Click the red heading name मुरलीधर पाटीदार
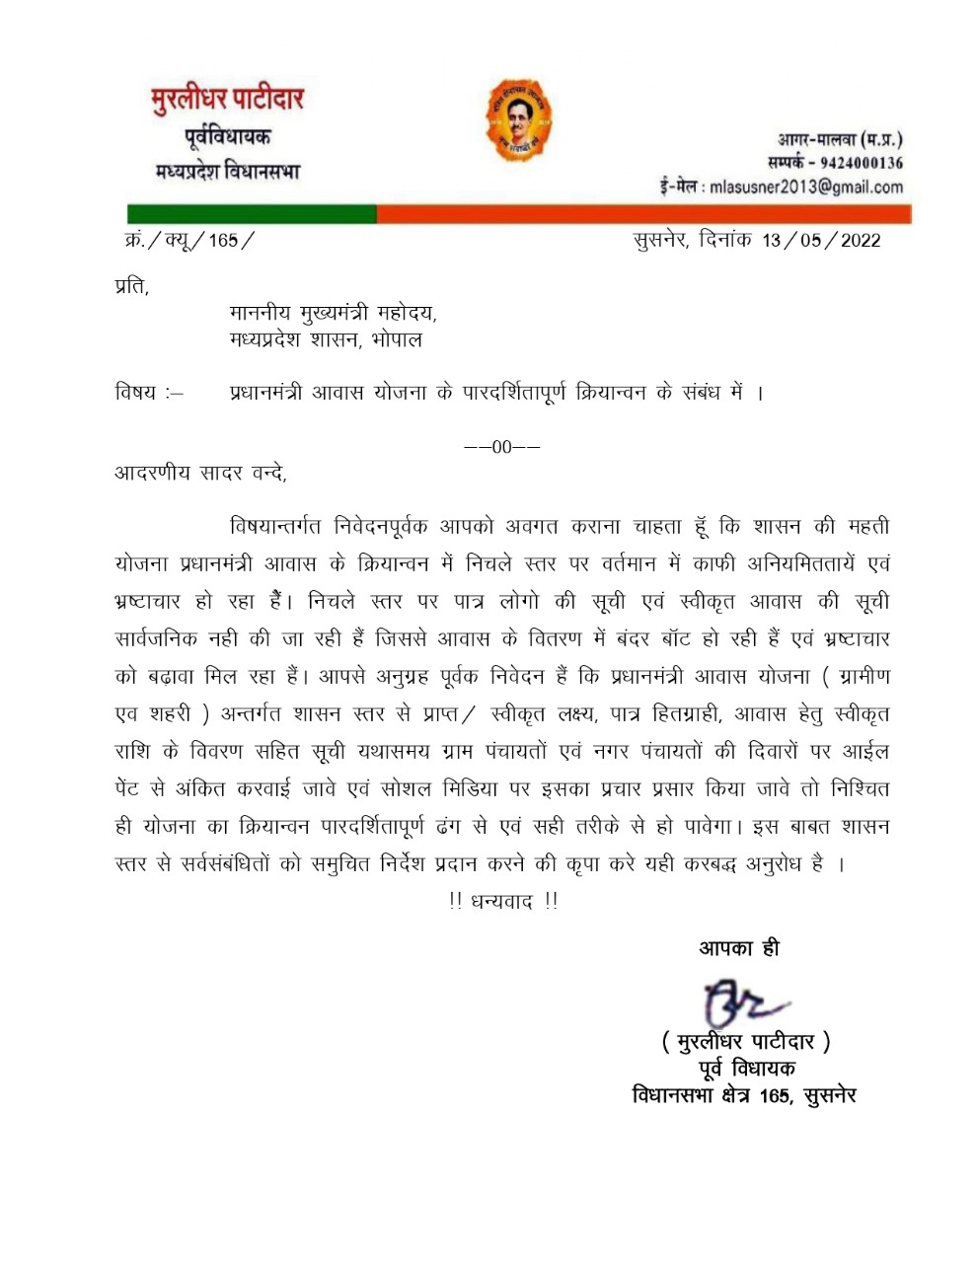tap(228, 100)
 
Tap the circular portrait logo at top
tap(519, 122)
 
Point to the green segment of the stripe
tap(252, 214)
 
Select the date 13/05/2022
tap(821, 240)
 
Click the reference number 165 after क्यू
tap(223, 240)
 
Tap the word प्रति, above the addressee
tap(132, 289)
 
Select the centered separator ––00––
tap(502, 447)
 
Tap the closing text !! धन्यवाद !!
tap(503, 901)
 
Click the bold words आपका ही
tap(739, 948)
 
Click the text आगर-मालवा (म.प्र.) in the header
tap(840, 140)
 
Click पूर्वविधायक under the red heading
tap(228, 137)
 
